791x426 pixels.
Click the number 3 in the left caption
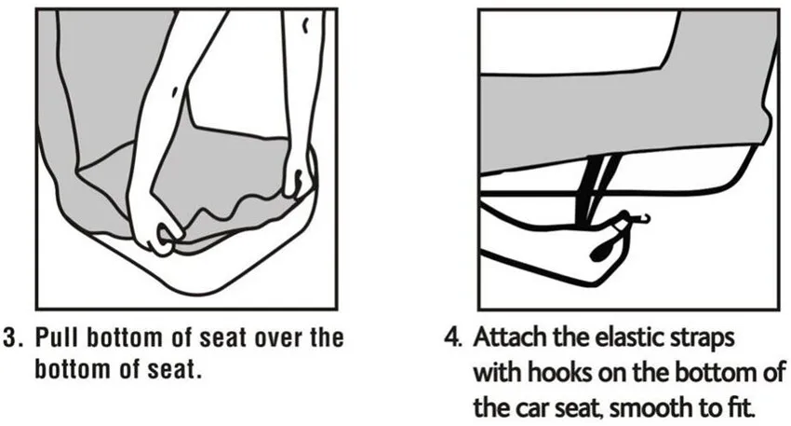click(9, 338)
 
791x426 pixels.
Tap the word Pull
click(57, 337)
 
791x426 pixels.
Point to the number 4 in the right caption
click(452, 337)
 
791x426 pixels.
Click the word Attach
click(510, 337)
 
